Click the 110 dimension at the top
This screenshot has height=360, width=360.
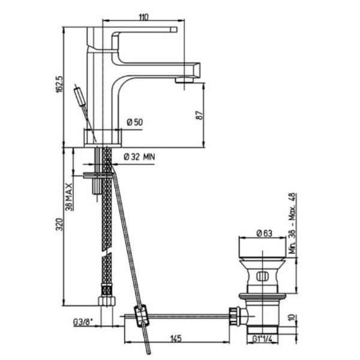144,17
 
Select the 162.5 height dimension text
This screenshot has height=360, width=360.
59,84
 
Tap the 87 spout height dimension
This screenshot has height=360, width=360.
199,115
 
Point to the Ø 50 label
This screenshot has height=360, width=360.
135,122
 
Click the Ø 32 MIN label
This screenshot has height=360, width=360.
139,157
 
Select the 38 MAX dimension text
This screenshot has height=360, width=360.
68,197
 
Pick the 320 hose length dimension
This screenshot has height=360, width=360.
59,224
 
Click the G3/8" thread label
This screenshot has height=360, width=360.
83,322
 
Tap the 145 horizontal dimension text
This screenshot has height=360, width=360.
176,338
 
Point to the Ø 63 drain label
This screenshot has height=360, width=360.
264,233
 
